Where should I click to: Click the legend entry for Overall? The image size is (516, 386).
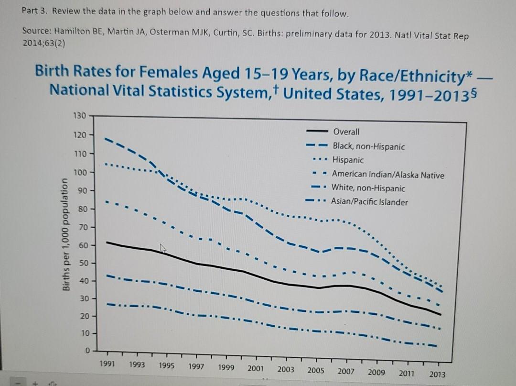(x=346, y=132)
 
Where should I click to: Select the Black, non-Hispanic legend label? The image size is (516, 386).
(x=368, y=146)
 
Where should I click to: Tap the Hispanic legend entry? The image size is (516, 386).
(x=348, y=160)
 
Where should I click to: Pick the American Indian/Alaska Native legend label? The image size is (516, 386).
(x=387, y=175)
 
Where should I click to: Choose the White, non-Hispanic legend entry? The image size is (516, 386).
(x=368, y=188)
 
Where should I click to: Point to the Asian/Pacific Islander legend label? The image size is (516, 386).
(x=369, y=202)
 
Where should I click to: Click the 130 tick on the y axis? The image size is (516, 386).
(x=80, y=116)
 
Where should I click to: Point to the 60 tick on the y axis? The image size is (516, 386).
(x=83, y=245)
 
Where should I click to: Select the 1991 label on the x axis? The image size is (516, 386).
(x=107, y=364)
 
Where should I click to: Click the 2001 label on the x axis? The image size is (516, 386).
(x=255, y=368)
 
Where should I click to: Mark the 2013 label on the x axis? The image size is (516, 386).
(x=437, y=374)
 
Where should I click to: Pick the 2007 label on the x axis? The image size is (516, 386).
(x=345, y=371)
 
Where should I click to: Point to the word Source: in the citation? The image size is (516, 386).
(x=37, y=31)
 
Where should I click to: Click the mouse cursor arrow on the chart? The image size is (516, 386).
(x=162, y=248)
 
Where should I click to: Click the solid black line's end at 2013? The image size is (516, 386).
(x=440, y=314)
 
